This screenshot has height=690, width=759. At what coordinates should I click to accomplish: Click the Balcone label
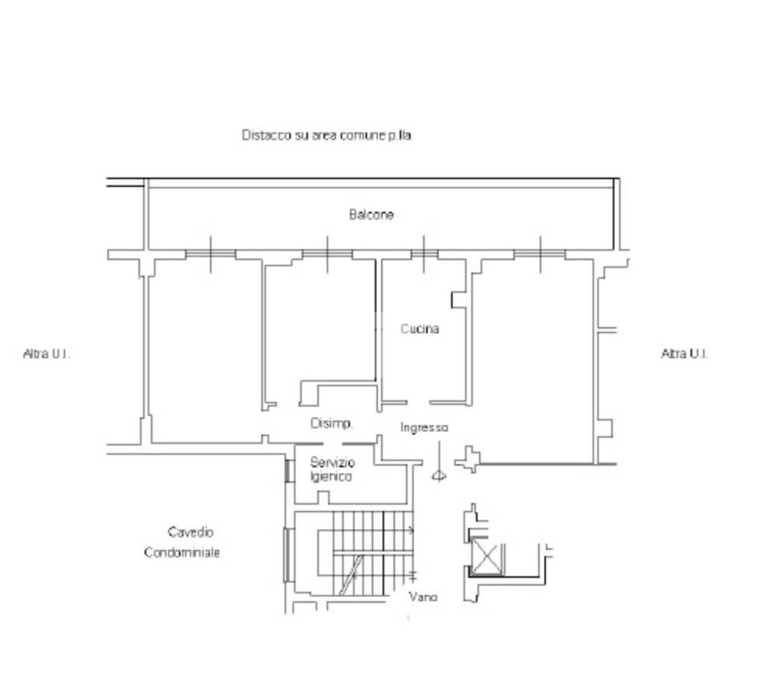[x=371, y=214]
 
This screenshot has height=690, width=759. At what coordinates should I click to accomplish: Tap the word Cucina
[x=420, y=329]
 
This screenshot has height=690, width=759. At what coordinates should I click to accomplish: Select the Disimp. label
[x=332, y=423]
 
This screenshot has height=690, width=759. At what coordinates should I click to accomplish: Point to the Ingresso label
[x=424, y=427]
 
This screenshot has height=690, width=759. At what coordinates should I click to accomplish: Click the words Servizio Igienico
[x=332, y=469]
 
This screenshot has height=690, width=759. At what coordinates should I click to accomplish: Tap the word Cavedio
[x=190, y=532]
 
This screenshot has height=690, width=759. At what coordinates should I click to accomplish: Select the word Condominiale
[x=182, y=553]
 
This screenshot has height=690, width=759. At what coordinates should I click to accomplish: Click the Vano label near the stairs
[x=423, y=596]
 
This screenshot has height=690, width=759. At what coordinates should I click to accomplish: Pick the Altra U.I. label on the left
[x=47, y=353]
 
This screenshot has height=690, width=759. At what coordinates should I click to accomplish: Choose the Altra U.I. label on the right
[x=685, y=353]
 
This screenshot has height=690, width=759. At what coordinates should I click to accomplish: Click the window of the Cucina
[x=424, y=254]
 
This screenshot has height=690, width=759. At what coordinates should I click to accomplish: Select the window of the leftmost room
[x=211, y=254]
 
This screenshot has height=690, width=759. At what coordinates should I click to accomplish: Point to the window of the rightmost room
[x=540, y=254]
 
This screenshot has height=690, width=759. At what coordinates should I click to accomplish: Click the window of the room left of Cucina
[x=327, y=254]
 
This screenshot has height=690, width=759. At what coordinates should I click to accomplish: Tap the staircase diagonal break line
[x=351, y=575]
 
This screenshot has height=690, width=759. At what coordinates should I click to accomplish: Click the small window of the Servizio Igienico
[x=288, y=471]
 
